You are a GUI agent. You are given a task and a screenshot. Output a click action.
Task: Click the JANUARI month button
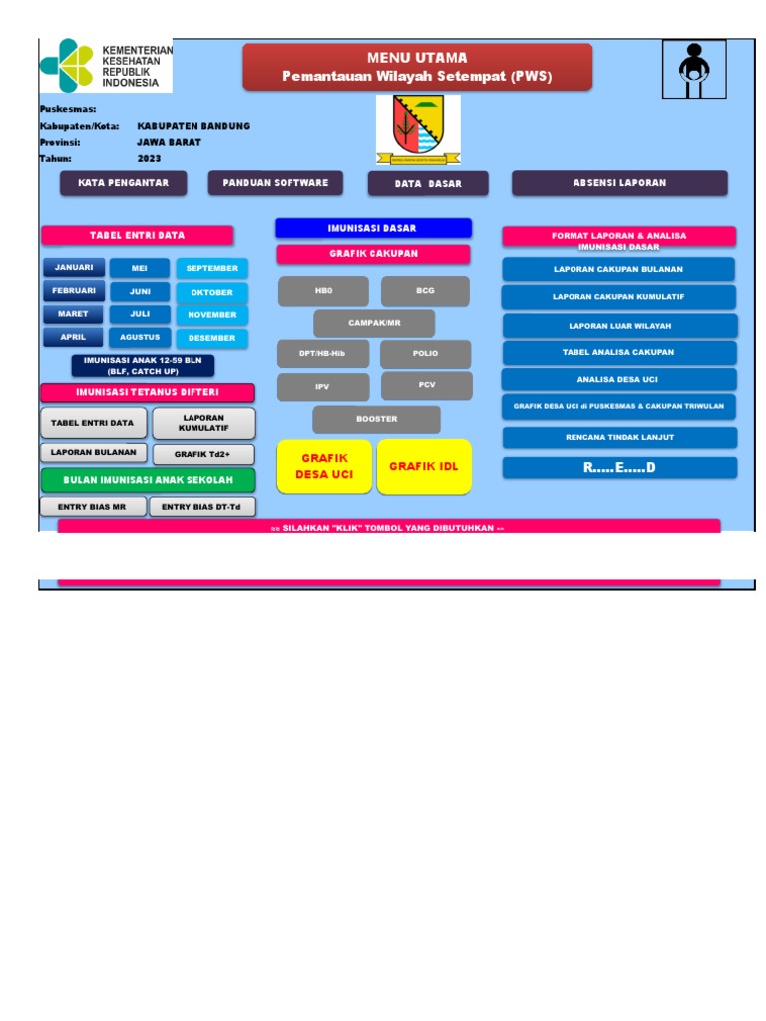coord(74,267)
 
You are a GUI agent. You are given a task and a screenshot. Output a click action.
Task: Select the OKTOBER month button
coord(212,293)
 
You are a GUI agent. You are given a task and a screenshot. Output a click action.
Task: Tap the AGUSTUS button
coord(140,337)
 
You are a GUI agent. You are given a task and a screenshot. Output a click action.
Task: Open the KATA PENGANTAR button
coord(124,183)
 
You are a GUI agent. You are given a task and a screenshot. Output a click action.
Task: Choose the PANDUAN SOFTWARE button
coord(275,183)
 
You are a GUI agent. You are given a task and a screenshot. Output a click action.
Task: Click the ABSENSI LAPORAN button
coord(619,183)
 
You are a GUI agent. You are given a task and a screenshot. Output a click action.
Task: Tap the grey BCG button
coord(425,291)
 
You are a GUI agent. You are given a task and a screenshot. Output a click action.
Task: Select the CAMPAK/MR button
coord(374,323)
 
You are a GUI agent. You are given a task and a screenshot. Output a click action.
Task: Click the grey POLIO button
coord(425,354)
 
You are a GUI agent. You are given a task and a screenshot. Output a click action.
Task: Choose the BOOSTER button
coord(376,419)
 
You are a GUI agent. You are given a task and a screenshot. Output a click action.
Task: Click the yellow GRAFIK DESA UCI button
coord(324,466)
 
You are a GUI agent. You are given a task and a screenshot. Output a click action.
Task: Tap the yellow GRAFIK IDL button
coord(424,466)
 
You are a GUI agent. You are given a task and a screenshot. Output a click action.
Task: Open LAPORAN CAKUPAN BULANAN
coord(618,269)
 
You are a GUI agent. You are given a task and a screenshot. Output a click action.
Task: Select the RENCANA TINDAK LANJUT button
coord(618,437)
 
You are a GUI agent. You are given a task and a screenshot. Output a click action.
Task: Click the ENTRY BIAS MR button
coord(93,507)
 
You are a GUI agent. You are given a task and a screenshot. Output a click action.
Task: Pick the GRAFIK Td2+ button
coord(203,454)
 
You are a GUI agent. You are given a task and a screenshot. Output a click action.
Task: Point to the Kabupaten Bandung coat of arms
coord(418,130)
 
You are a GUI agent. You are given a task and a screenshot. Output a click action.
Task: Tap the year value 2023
coord(149,158)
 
